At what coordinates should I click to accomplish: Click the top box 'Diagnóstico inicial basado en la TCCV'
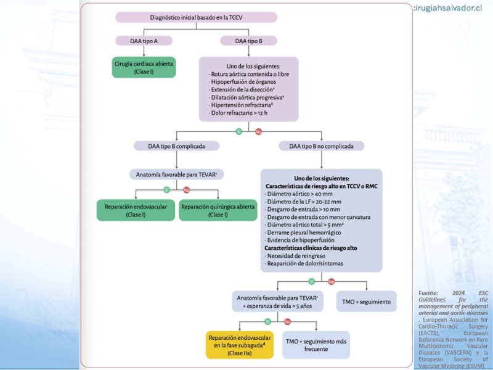pos(192,17)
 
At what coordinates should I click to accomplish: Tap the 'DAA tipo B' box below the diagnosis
pos(248,41)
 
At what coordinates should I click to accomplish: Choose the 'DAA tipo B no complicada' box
pos(321,146)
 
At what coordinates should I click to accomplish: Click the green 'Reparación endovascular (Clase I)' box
pos(136,211)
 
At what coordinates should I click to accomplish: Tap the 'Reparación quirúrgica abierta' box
pos(218,211)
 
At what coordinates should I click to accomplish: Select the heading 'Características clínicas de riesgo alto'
pos(311,248)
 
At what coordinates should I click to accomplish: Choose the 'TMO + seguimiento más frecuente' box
pos(317,345)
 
